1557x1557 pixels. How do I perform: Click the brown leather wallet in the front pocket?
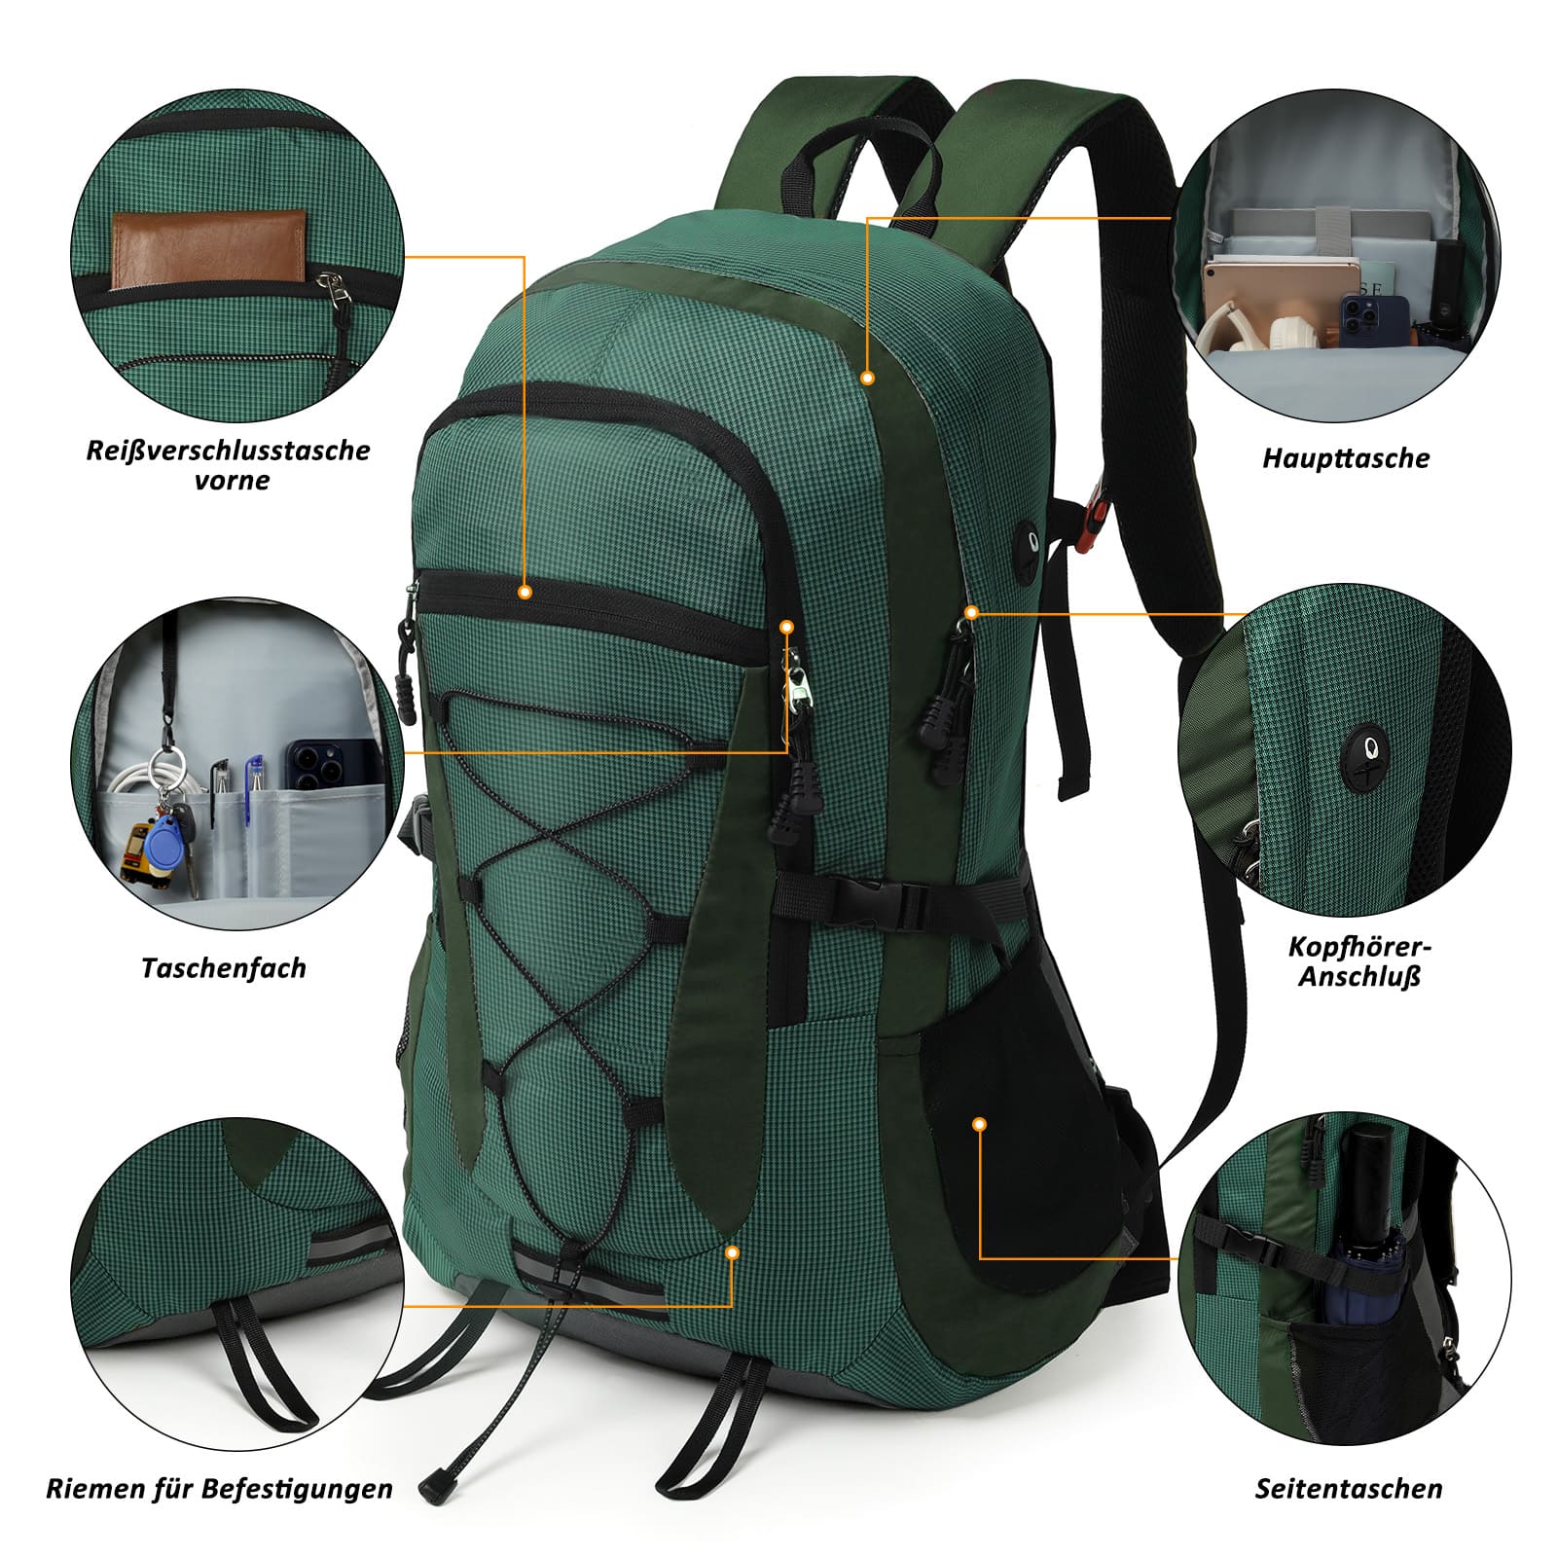tap(208, 251)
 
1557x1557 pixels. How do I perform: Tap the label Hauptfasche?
tap(1346, 458)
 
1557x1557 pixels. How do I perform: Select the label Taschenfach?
tap(223, 968)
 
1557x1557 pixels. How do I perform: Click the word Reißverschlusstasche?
tap(228, 451)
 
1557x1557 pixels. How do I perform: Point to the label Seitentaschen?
tap(1348, 1488)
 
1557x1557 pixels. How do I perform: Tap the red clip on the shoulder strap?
tap(1095, 506)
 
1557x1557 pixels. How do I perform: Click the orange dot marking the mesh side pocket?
tap(980, 1124)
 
